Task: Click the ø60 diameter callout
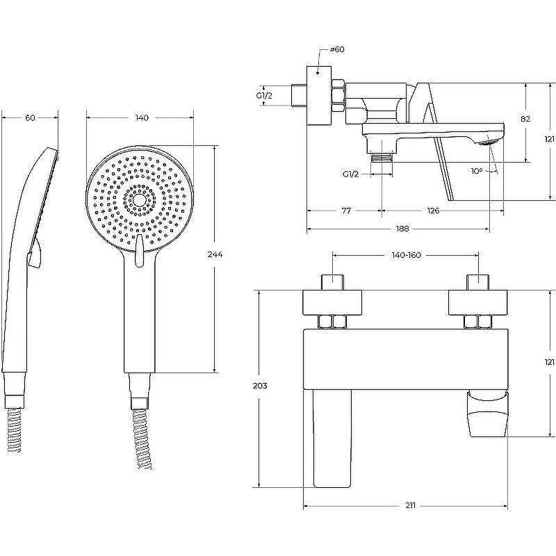(x=337, y=49)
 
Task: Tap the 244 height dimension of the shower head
(x=215, y=254)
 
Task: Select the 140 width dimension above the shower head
(x=142, y=117)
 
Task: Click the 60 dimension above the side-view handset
(x=30, y=117)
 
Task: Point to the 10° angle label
(x=477, y=171)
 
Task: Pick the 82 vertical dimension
(x=525, y=119)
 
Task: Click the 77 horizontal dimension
(x=346, y=211)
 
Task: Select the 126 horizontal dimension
(x=433, y=211)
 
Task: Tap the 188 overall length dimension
(x=402, y=229)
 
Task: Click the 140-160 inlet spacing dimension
(x=406, y=255)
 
